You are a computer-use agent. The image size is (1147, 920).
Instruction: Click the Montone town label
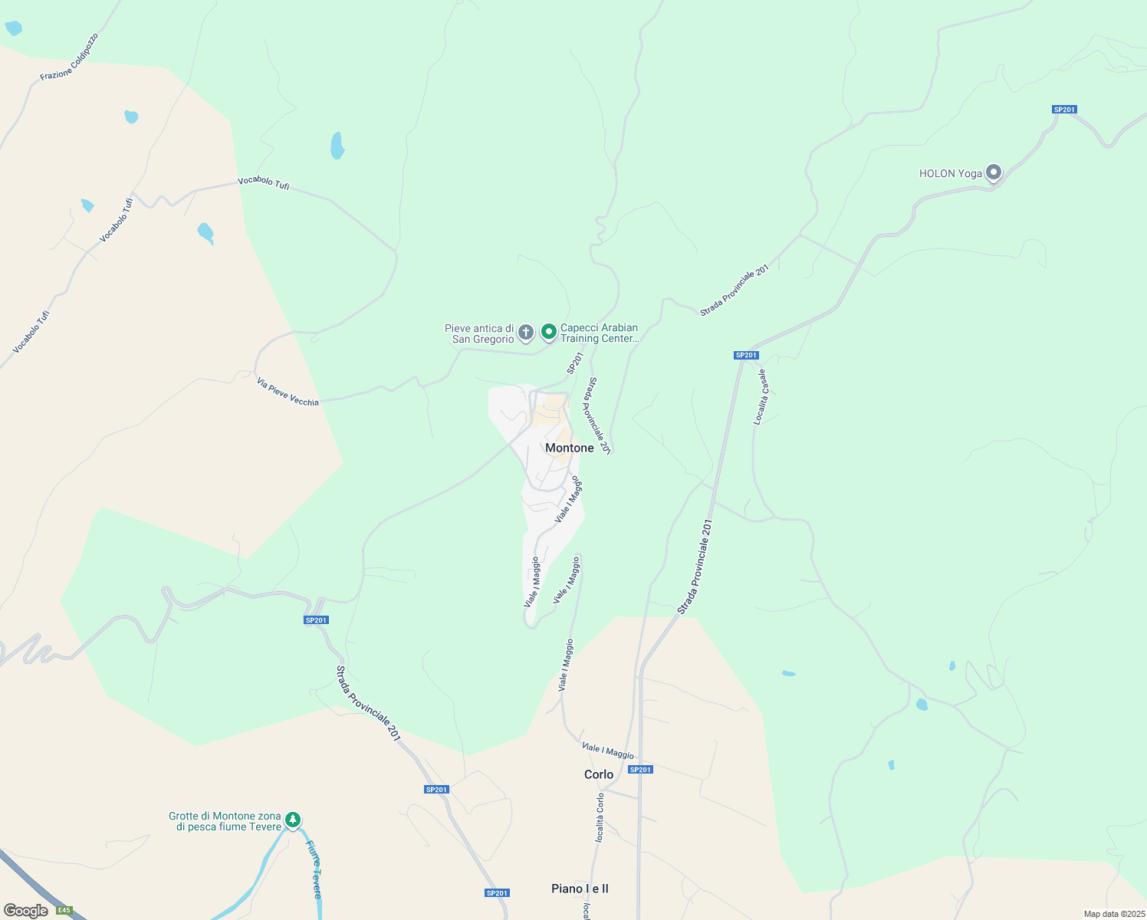click(x=569, y=448)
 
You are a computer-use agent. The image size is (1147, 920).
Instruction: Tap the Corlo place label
click(x=599, y=774)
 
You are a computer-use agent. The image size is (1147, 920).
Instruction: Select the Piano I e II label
click(x=580, y=889)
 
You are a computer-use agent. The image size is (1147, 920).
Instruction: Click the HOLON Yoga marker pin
click(x=994, y=172)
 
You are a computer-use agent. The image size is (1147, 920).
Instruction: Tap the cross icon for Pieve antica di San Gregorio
click(x=525, y=333)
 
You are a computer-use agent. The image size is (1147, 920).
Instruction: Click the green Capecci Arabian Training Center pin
click(x=548, y=332)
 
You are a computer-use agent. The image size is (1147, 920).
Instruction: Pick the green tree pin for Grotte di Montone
click(x=293, y=820)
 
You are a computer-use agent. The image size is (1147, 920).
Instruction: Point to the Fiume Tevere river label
click(x=314, y=869)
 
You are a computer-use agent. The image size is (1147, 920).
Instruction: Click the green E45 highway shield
click(x=64, y=910)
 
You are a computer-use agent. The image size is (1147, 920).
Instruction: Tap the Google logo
click(x=25, y=911)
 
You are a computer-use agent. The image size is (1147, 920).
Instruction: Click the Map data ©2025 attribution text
click(x=1113, y=914)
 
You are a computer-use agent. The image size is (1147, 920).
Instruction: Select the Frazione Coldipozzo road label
click(x=69, y=57)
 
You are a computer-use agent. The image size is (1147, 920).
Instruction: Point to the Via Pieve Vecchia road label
click(x=288, y=393)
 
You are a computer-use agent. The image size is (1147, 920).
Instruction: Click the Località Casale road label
click(x=760, y=397)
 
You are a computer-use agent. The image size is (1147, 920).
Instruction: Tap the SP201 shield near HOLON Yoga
click(x=1064, y=110)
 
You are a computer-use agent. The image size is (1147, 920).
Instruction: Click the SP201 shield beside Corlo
click(x=640, y=770)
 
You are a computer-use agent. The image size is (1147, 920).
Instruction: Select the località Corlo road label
click(x=600, y=817)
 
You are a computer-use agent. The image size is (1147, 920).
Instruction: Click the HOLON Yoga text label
click(x=950, y=173)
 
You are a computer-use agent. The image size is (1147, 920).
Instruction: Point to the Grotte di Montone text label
click(x=225, y=821)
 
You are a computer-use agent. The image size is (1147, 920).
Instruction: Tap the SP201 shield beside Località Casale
click(x=746, y=355)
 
